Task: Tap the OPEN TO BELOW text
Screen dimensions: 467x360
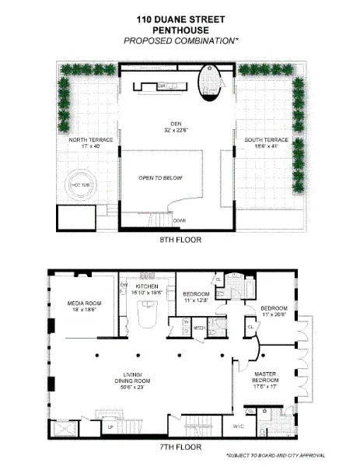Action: tap(160, 178)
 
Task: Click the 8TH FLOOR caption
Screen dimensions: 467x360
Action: tap(180, 240)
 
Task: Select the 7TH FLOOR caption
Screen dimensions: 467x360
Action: tap(180, 447)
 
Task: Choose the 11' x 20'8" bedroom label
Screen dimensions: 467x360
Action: tap(273, 311)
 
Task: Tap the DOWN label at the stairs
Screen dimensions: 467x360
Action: tap(180, 220)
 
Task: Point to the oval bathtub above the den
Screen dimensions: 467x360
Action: tap(211, 84)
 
